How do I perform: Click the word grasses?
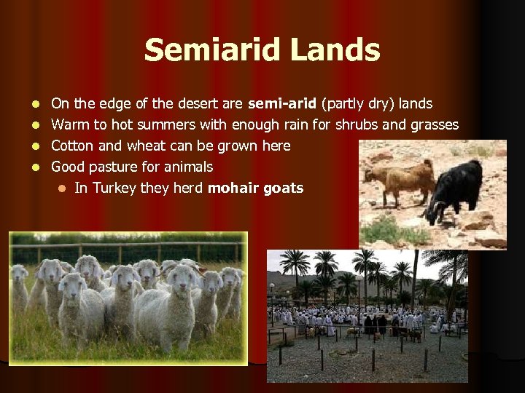(x=433, y=125)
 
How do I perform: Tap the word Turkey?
(x=114, y=188)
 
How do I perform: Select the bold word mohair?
(x=233, y=188)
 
